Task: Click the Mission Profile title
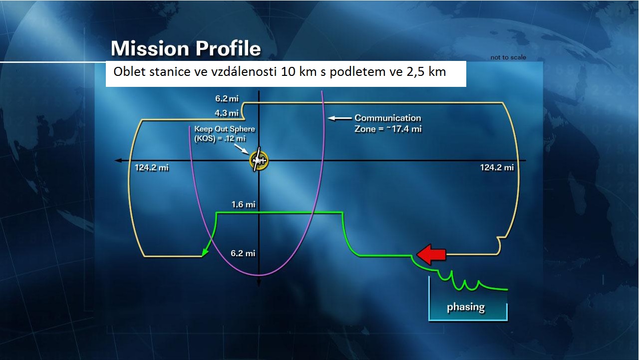point(186,48)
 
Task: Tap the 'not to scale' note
point(508,57)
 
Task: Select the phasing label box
point(468,307)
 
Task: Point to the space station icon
point(259,160)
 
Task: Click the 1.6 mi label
point(243,204)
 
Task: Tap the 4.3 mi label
point(227,113)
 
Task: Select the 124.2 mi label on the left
point(151,167)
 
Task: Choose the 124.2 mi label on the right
point(497,167)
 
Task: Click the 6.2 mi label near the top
point(227,98)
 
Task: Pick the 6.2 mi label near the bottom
point(243,253)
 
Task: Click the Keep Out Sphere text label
point(225,133)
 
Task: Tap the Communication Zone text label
point(388,123)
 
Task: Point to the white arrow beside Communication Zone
point(339,118)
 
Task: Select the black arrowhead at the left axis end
point(118,161)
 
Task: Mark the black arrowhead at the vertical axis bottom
point(259,283)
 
